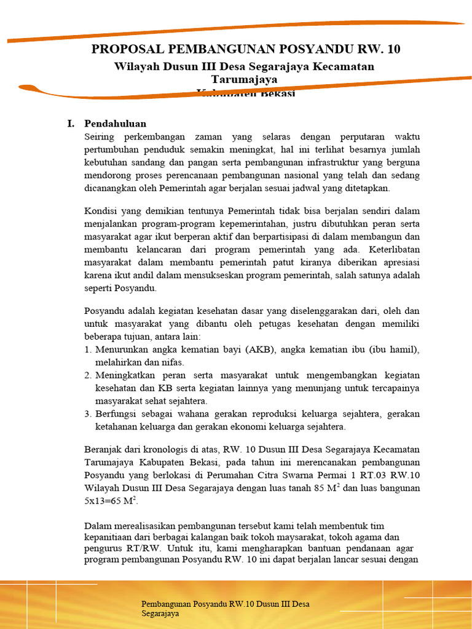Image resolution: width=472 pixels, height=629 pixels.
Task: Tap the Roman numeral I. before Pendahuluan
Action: [x=71, y=123]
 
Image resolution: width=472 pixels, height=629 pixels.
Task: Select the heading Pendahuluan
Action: [x=115, y=123]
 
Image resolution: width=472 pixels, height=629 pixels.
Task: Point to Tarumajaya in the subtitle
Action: [x=244, y=79]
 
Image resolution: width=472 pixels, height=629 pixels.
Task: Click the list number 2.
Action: [x=88, y=375]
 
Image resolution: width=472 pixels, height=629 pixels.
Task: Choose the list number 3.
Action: [x=88, y=414]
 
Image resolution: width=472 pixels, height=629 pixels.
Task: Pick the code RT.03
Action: [x=377, y=475]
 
